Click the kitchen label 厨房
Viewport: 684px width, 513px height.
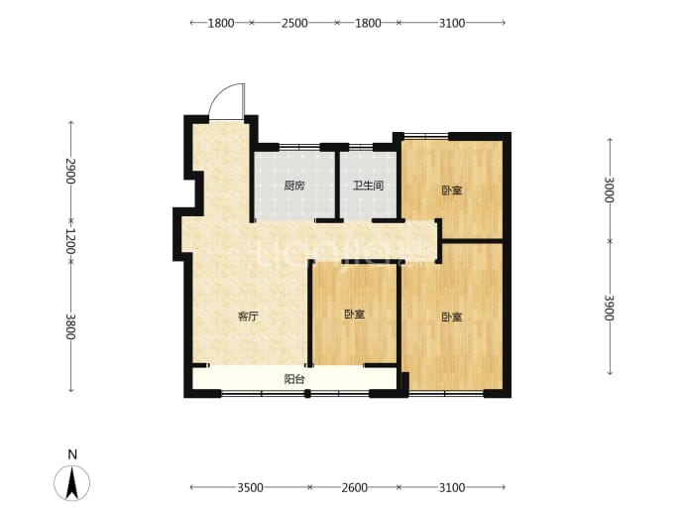(x=294, y=186)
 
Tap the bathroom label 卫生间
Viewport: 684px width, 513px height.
(x=368, y=186)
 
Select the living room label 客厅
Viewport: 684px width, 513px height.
(x=248, y=317)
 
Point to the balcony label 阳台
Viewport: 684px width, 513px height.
(x=294, y=379)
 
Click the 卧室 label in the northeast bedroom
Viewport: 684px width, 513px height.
(x=452, y=191)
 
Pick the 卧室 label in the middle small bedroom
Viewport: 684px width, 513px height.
(x=354, y=315)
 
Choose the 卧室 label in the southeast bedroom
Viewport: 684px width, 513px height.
(x=452, y=317)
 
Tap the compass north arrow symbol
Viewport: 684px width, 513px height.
(x=72, y=483)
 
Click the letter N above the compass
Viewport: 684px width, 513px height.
(x=72, y=454)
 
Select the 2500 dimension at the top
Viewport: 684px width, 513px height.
(x=294, y=23)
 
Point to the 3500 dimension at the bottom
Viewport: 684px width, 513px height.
(x=251, y=487)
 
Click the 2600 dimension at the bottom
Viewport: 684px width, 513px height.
(x=354, y=487)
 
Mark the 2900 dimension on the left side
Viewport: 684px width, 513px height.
(x=70, y=172)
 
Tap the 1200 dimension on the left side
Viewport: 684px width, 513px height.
(x=70, y=241)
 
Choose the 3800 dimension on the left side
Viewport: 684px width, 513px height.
(x=70, y=326)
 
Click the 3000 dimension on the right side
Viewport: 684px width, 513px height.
(x=610, y=190)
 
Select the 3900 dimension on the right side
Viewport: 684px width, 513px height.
(x=610, y=308)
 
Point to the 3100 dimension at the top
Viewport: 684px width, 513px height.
(x=452, y=23)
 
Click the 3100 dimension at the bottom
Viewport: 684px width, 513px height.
(x=452, y=487)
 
